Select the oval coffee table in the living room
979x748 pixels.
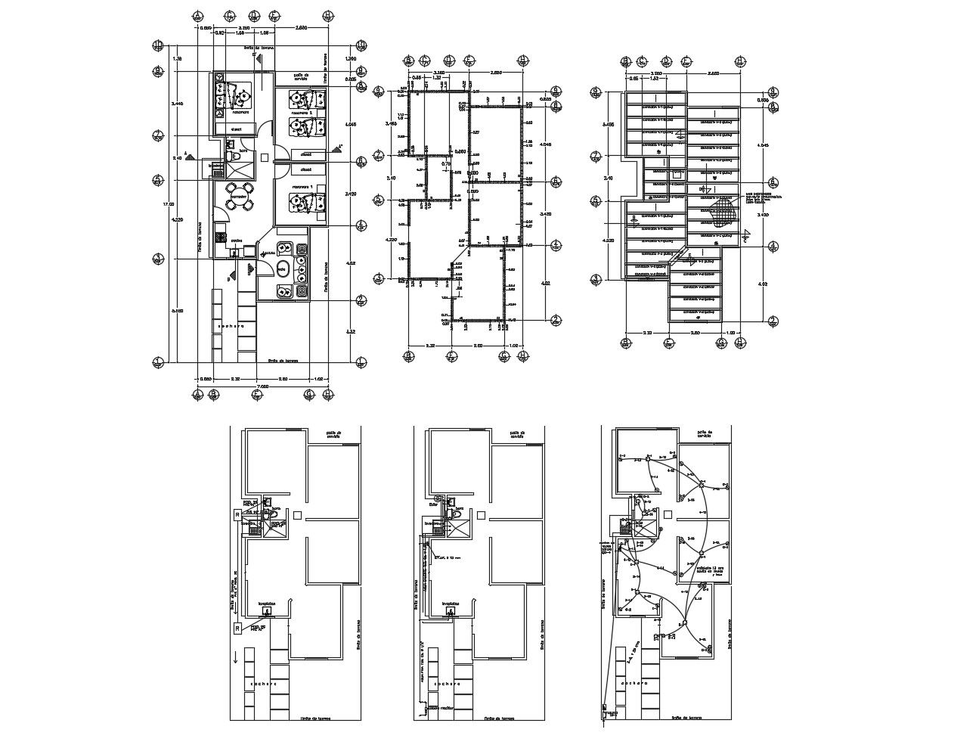[282, 268]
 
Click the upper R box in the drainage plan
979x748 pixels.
[237, 514]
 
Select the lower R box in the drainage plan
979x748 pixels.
[237, 628]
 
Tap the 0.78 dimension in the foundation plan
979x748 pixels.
[446, 163]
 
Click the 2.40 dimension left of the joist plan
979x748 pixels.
[606, 178]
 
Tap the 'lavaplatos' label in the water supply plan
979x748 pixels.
[452, 604]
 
